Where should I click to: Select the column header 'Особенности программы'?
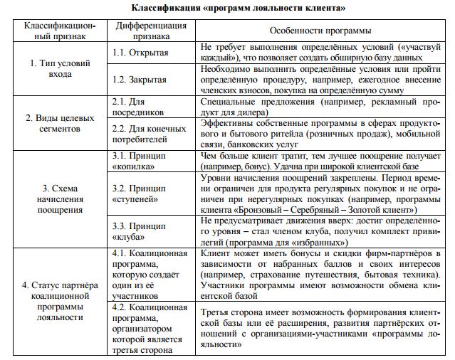320,31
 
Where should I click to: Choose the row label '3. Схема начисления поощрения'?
61,194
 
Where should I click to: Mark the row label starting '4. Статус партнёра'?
61,301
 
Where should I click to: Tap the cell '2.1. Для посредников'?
138,107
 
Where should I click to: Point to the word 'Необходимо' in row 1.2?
225,69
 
